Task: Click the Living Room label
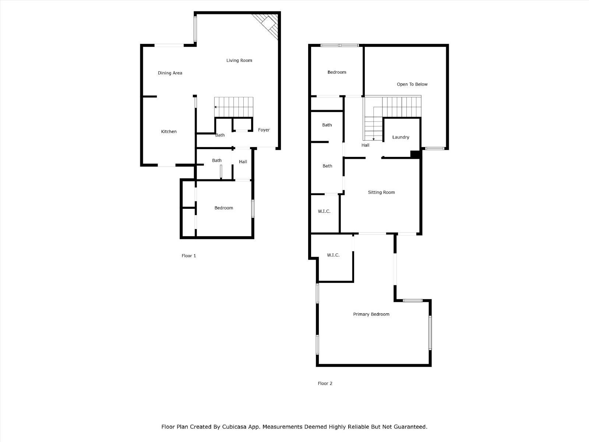click(x=239, y=60)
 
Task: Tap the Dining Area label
click(x=170, y=73)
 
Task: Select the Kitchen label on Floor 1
click(x=169, y=131)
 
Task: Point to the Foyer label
click(x=264, y=130)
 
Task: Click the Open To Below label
click(x=412, y=84)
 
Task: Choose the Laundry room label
click(x=401, y=137)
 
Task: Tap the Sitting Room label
click(x=381, y=192)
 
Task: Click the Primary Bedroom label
click(x=371, y=314)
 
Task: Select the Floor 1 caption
click(x=188, y=256)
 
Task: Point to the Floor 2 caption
click(x=325, y=383)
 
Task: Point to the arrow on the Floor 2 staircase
click(x=374, y=123)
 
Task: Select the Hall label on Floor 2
click(x=365, y=145)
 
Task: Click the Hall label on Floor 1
click(x=243, y=162)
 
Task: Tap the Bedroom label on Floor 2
click(x=337, y=72)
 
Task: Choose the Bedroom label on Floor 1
click(x=223, y=208)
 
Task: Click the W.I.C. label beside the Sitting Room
click(x=324, y=211)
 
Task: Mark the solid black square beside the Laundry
click(x=415, y=154)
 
